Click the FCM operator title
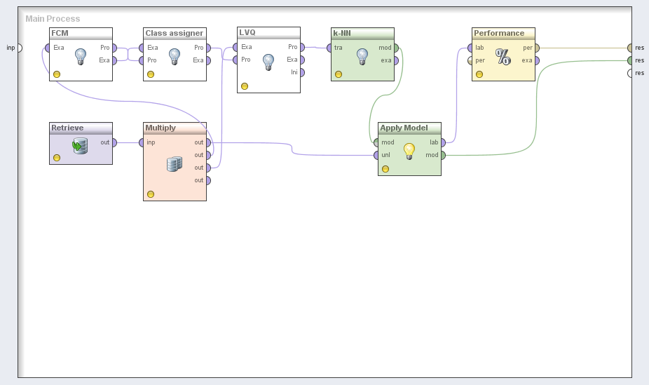coord(60,33)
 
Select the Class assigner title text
coord(175,33)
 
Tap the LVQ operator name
coord(247,32)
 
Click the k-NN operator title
coord(342,33)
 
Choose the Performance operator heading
coord(499,33)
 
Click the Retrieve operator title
coord(67,128)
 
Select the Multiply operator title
coord(160,128)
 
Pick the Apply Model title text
coord(404,128)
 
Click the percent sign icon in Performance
coord(503,57)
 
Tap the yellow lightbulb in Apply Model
coord(409,151)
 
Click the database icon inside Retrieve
coord(80,146)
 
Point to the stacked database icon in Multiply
coord(175,164)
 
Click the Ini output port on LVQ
coord(302,72)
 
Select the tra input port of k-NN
coord(329,48)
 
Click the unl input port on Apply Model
coord(376,155)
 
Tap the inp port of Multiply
coord(141,143)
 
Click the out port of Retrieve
coord(114,143)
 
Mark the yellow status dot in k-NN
coord(339,74)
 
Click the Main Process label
coord(53,19)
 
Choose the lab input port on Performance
coord(470,48)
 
